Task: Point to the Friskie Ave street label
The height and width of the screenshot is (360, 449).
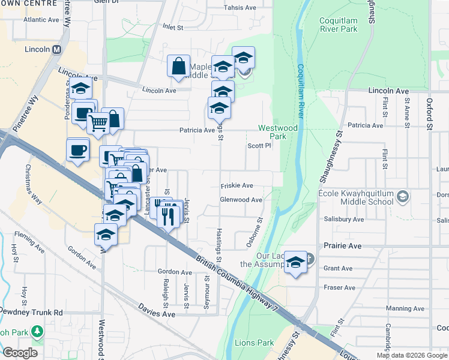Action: pos(237,185)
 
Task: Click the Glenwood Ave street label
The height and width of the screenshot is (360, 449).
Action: pos(241,200)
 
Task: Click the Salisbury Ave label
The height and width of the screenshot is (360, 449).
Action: pos(343,220)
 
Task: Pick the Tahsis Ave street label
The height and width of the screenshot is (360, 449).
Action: pos(240,8)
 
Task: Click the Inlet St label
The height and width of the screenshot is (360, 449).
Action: pos(171,28)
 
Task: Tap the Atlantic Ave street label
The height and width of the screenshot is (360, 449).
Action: pos(41,20)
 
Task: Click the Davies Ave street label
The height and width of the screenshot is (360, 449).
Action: pos(157,314)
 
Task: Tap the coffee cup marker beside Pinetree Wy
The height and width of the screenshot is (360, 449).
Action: pos(77,149)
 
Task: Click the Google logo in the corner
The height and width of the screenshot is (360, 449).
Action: pos(20,353)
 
